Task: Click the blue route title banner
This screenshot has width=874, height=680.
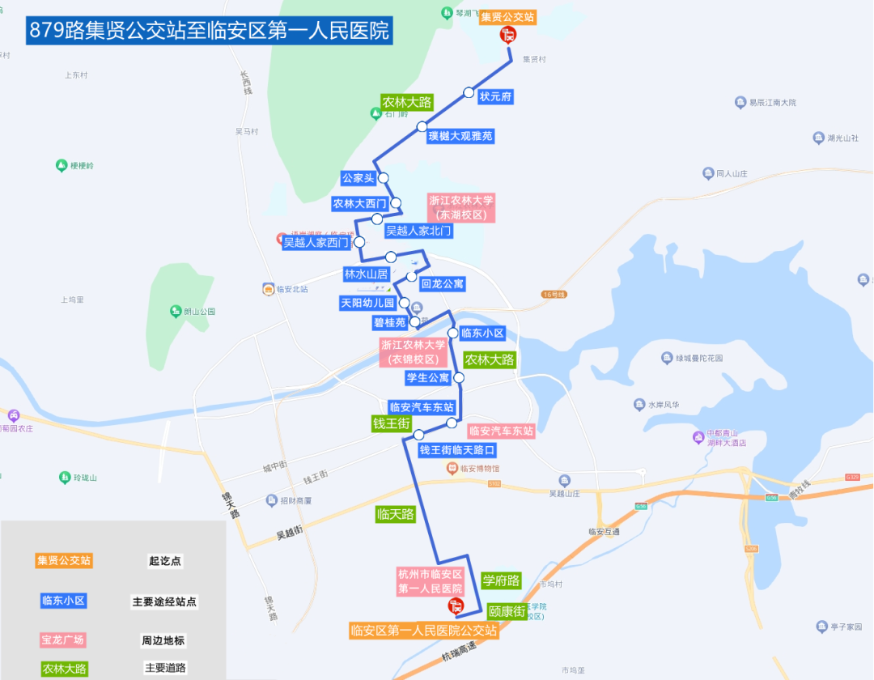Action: (210, 30)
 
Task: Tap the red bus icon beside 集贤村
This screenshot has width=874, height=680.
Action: (508, 34)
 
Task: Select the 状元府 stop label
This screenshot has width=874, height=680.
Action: (496, 96)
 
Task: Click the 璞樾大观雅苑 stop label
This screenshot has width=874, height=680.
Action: (460, 136)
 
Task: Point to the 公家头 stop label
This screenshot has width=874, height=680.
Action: (359, 178)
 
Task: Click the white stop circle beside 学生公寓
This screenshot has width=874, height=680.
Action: (459, 378)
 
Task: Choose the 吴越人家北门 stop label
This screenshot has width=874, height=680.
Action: (418, 231)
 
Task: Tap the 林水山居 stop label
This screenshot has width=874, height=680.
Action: (367, 274)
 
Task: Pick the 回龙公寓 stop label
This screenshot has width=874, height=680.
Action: (443, 284)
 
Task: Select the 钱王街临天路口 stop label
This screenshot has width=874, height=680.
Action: (456, 449)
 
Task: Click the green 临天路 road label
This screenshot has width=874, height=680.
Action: (396, 513)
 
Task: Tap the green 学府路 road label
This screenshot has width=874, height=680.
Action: (501, 580)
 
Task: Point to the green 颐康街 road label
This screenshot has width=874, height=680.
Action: (507, 611)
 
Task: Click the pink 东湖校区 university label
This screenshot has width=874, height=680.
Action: (461, 207)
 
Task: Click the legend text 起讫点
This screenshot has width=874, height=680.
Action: (165, 560)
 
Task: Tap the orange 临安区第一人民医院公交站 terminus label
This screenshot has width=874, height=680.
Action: (424, 631)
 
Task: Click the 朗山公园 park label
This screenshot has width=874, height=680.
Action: (199, 311)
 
